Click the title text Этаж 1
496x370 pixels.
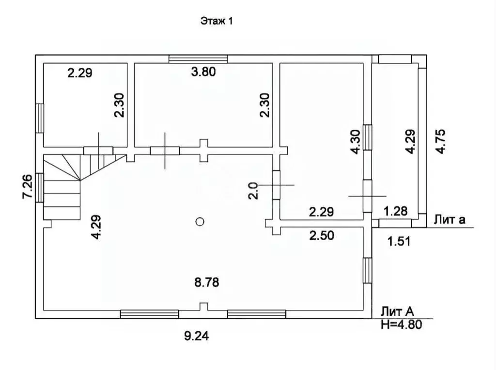[217, 21]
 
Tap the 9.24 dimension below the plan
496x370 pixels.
[197, 336]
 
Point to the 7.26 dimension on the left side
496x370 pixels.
[27, 186]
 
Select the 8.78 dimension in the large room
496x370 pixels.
[206, 282]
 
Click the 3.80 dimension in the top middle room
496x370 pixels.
[203, 72]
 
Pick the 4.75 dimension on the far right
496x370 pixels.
[440, 141]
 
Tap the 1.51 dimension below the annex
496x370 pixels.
[399, 242]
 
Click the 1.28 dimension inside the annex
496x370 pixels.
[396, 211]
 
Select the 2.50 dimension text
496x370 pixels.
[322, 235]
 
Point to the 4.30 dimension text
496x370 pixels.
[356, 142]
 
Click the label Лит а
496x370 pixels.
[449, 219]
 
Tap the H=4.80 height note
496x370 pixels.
[402, 324]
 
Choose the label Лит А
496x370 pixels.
[397, 311]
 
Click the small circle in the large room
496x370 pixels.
[200, 222]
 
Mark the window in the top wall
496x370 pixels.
[198, 59]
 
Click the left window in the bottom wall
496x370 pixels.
[150, 314]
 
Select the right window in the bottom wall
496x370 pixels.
[257, 314]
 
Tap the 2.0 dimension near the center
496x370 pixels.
[253, 191]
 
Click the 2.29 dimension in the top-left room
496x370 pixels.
[80, 73]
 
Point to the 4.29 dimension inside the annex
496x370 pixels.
[411, 141]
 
